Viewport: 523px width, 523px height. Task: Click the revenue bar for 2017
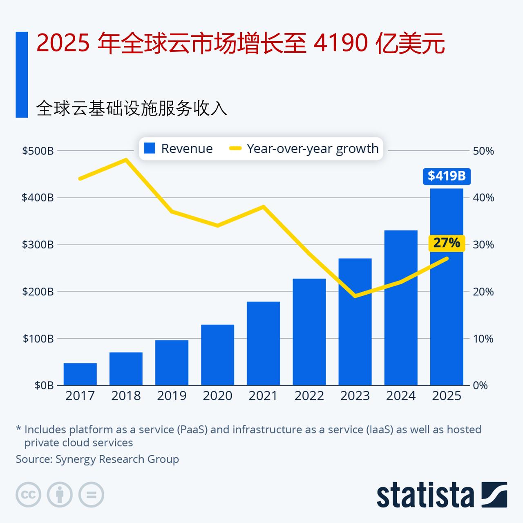(x=80, y=374)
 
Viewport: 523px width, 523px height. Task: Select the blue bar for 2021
(x=263, y=343)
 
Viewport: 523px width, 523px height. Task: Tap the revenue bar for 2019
(x=172, y=362)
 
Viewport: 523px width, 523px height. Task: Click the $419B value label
(x=447, y=176)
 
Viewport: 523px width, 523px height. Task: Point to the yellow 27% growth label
(x=447, y=243)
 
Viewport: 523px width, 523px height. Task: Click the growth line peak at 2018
(x=126, y=160)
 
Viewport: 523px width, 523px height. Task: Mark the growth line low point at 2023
(x=355, y=296)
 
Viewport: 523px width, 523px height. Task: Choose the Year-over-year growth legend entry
(x=304, y=148)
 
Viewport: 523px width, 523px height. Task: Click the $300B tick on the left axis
(x=38, y=245)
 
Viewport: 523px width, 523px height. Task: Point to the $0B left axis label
(x=44, y=385)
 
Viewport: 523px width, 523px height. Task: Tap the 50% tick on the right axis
(x=483, y=151)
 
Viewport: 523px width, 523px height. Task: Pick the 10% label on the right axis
(x=483, y=339)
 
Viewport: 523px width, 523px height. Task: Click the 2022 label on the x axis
(x=309, y=396)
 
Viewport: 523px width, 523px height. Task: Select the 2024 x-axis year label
(x=401, y=396)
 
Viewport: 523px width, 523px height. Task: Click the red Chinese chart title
(x=240, y=44)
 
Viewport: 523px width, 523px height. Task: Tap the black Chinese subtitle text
(x=132, y=108)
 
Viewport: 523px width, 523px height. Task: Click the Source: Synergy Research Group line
(x=97, y=459)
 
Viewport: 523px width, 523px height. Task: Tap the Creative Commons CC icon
(x=28, y=495)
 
